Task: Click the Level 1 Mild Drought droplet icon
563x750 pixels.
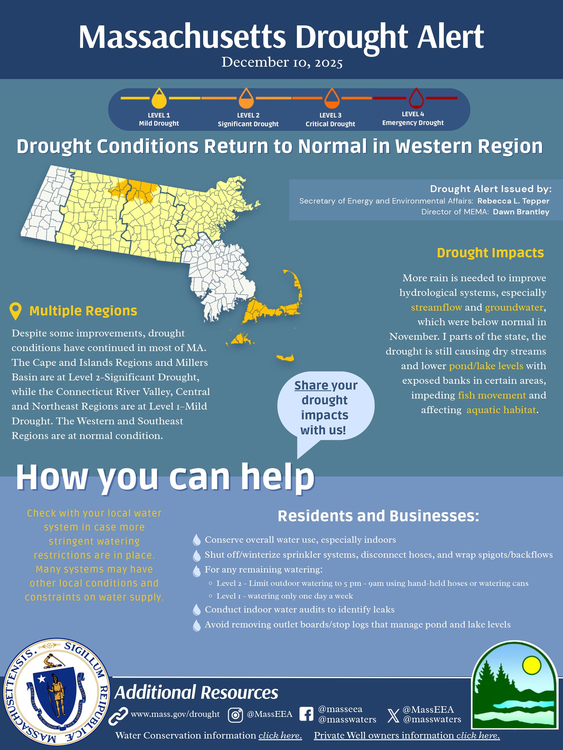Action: tap(159, 99)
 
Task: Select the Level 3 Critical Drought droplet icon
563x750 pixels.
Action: tap(331, 99)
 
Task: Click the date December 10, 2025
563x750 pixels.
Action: tap(282, 63)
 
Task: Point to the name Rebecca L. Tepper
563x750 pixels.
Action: tap(513, 201)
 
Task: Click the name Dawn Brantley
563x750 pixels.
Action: tap(521, 212)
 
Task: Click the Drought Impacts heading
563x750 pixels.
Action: tap(490, 253)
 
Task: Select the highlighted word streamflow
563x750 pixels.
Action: tap(436, 307)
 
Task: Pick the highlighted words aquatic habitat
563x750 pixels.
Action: tap(501, 410)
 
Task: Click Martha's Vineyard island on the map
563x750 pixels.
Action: tap(242, 339)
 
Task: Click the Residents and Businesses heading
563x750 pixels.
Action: tap(379, 516)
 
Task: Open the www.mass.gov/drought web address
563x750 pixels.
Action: tap(175, 714)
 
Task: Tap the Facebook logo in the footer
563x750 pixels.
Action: tap(306, 714)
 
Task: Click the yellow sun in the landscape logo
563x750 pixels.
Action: tap(531, 665)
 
